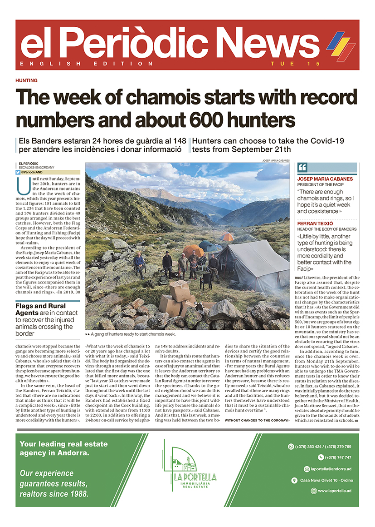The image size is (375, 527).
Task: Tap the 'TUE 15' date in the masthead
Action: point(295,64)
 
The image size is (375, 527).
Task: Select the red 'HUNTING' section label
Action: point(26,80)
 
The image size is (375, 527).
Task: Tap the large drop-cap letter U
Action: point(20,185)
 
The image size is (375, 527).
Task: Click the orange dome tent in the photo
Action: point(193,250)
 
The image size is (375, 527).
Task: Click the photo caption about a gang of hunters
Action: point(130,334)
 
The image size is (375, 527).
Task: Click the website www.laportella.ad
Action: point(335,491)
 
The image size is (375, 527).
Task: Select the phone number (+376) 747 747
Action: point(338,457)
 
